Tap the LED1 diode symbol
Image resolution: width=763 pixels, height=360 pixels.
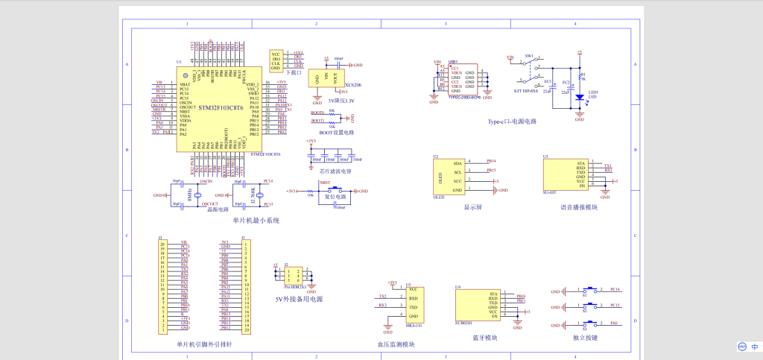coord(580,97)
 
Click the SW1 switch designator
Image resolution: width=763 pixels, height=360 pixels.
coord(529,56)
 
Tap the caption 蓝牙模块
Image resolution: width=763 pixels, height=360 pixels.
coord(486,338)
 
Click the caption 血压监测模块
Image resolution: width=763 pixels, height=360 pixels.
coord(396,344)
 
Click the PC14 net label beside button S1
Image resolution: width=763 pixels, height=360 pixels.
coord(615,288)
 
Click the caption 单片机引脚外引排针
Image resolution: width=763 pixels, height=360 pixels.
coord(204,344)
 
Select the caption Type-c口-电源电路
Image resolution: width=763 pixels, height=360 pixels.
coord(512,121)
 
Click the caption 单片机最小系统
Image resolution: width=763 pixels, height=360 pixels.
coord(256,220)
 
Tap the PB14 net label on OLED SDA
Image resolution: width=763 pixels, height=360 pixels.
coord(491,161)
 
